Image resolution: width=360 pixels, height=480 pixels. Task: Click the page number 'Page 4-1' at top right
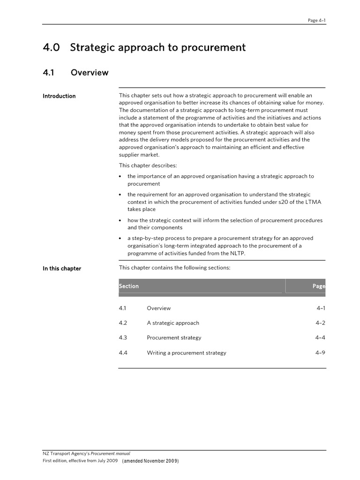tap(316, 20)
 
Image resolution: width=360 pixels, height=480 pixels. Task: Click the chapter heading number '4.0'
tap(52, 47)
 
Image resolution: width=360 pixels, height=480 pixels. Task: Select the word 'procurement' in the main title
tap(217, 48)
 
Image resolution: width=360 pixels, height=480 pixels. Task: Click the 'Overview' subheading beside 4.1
tap(90, 73)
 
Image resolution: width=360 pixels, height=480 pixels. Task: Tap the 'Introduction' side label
tap(59, 96)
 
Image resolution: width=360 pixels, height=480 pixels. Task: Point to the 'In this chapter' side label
tap(62, 269)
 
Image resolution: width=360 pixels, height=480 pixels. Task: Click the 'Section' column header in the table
tap(129, 286)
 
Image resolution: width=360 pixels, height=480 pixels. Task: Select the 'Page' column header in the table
tap(319, 286)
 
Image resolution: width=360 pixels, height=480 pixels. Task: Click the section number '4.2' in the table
tap(123, 323)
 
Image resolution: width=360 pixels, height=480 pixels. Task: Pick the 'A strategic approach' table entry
tap(173, 323)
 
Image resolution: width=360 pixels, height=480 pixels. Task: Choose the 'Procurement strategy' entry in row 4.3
tap(174, 337)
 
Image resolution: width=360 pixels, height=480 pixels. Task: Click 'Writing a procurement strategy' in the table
tap(187, 352)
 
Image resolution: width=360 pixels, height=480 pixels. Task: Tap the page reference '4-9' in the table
tap(320, 352)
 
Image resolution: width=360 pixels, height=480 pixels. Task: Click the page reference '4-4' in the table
tap(320, 337)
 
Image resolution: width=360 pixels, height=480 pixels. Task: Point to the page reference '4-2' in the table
tap(320, 323)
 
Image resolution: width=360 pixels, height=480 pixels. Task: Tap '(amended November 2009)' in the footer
tap(150, 461)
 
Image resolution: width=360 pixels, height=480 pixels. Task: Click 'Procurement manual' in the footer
tap(110, 454)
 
